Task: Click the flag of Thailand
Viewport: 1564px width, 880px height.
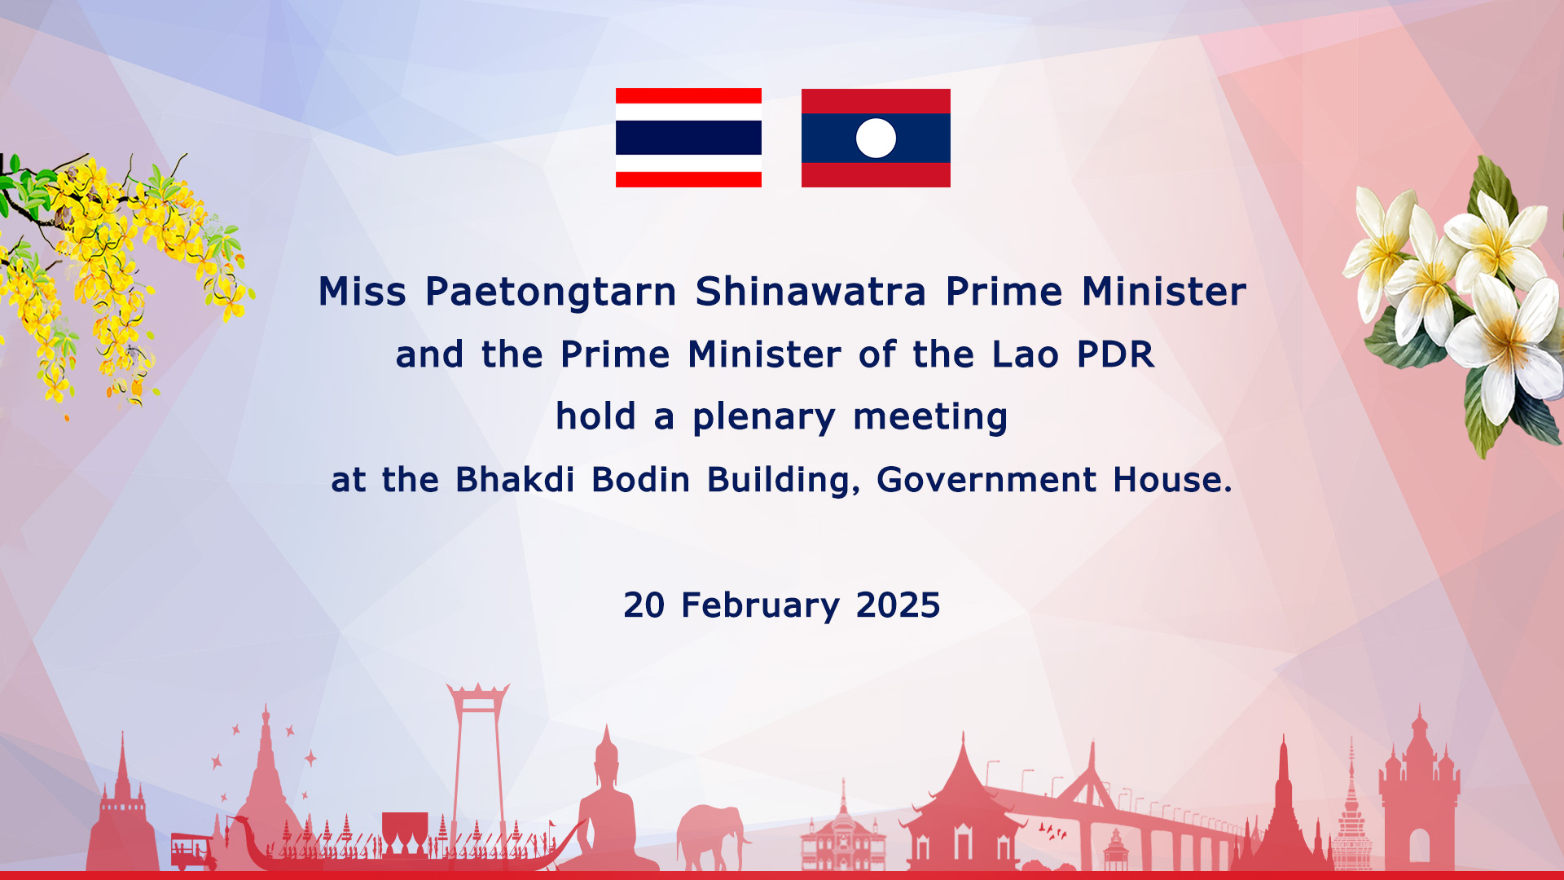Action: tap(688, 138)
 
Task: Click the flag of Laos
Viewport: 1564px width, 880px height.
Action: tap(876, 138)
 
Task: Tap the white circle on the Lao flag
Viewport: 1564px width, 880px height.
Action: tap(876, 138)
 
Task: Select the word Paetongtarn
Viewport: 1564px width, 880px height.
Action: tap(551, 293)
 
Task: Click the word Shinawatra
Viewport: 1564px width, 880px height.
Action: tap(811, 291)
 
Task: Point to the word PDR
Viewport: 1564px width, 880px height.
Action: tap(1115, 354)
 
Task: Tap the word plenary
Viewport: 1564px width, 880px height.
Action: tap(763, 418)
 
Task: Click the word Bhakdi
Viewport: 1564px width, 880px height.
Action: tap(515, 479)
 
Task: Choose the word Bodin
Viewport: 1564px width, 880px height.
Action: tap(641, 479)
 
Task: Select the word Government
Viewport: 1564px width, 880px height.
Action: tap(986, 479)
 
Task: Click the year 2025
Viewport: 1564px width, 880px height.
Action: tap(898, 605)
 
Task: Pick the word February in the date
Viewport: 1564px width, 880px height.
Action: tap(760, 606)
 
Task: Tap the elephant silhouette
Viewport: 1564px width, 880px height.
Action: tap(710, 836)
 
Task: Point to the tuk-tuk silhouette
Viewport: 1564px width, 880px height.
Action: tap(193, 851)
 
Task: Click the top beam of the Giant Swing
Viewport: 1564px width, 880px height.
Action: tap(478, 690)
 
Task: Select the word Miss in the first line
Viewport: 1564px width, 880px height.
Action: tap(362, 291)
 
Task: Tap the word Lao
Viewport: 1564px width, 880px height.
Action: tap(1025, 354)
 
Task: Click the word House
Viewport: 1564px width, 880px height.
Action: tap(1172, 479)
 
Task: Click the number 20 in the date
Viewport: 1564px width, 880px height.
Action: tap(644, 605)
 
